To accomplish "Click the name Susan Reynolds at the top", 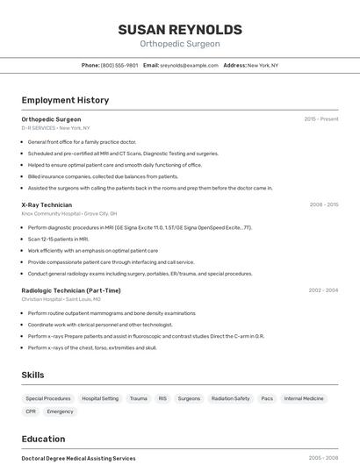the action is [180, 30].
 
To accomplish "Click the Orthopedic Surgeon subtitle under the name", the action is [180, 44].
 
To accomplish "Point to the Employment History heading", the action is [65, 100].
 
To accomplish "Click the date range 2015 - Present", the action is [321, 119].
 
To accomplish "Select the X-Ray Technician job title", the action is [47, 204].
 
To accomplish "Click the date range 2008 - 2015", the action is [324, 204].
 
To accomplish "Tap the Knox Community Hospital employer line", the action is [69, 213].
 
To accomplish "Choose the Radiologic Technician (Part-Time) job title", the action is [71, 290].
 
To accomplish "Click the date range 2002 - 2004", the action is [323, 290].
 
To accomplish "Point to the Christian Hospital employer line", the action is [61, 299].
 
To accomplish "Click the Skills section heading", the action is [32, 375].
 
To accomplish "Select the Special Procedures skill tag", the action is [48, 398].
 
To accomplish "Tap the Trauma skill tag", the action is [139, 398].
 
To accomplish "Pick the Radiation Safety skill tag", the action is [230, 398].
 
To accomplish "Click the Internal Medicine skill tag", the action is [304, 398].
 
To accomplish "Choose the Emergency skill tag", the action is [61, 411].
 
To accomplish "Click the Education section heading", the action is [43, 439].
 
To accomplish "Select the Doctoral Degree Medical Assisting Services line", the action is [78, 458].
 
